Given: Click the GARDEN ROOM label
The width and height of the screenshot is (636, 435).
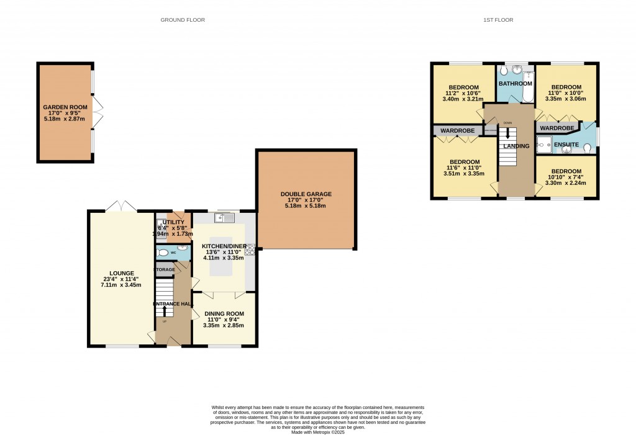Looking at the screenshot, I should point(65,107).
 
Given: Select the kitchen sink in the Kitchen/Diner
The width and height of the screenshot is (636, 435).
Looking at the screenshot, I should point(224,218).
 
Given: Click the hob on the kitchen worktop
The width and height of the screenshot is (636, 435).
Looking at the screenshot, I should point(251,251).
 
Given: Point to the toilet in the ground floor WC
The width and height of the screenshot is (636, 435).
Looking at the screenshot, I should point(162,253).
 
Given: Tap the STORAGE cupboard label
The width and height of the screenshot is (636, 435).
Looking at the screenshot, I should point(165,269).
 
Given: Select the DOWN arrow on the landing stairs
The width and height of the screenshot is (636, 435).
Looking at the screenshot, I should point(508,133).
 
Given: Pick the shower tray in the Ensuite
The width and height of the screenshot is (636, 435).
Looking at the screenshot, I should point(544,145).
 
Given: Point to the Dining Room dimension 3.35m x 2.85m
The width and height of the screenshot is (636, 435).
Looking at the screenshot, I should point(224,325).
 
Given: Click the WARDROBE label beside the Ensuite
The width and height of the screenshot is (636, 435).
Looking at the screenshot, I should point(556,128).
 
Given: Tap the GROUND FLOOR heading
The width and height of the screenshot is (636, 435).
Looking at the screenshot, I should point(183,20).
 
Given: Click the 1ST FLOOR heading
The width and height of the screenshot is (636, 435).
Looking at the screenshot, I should point(498,20).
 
